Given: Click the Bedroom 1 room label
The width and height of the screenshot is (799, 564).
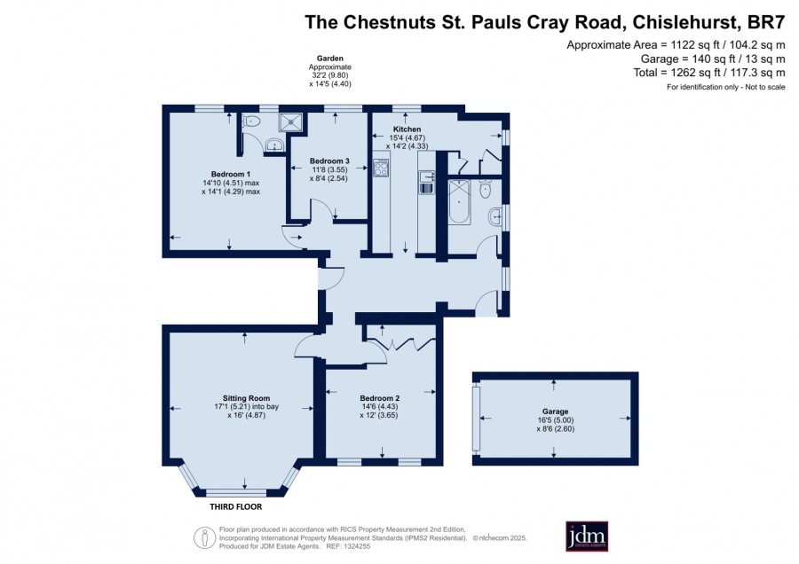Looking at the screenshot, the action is point(231,174).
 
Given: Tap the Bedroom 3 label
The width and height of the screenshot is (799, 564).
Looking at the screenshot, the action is point(329,161).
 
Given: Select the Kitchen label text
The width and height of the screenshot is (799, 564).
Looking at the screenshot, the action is point(407,129).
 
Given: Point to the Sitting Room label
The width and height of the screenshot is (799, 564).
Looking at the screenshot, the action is point(246,398).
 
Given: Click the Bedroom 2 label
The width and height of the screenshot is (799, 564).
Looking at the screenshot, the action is point(380,398).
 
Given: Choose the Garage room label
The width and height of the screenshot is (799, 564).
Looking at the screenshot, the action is point(555,411).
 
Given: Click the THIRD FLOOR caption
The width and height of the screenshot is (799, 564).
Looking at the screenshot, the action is point(236,506).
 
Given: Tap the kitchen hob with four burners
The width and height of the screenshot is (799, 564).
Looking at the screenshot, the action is point(381,168).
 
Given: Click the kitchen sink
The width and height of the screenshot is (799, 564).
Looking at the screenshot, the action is point(426,183).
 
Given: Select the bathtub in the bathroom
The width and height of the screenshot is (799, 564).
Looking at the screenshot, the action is point(460,201).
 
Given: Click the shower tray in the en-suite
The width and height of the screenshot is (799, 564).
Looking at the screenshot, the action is point(290,122).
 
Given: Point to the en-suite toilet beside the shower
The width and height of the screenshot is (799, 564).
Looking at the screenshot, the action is point(252,121).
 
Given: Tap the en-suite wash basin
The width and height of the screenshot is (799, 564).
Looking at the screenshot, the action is point(274,145).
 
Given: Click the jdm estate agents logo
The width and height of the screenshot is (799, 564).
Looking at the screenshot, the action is point(587,536).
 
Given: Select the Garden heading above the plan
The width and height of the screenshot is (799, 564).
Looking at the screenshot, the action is point(329,59).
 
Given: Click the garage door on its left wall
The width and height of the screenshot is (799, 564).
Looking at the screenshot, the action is point(477,419).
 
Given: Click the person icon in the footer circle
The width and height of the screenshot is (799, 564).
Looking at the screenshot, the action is point(205,538).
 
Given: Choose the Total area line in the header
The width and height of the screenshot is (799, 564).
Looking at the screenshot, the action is point(708,73).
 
